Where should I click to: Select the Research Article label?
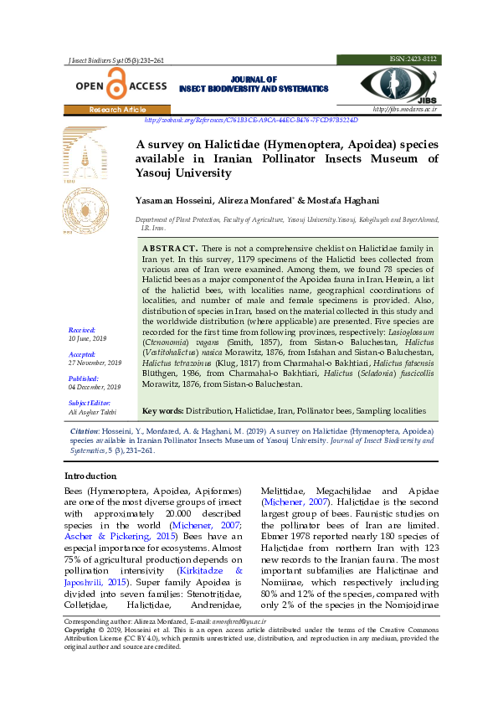pyautogui.click(x=117, y=110)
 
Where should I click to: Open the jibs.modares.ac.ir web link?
pyautogui.click(x=405, y=110)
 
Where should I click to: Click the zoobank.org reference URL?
pyautogui.click(x=257, y=120)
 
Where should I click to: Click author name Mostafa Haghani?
pyautogui.click(x=331, y=201)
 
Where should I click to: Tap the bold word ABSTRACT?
pyautogui.click(x=170, y=249)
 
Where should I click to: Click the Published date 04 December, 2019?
pyautogui.click(x=95, y=387)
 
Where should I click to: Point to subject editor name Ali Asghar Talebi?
pyautogui.click(x=92, y=411)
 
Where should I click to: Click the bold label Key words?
pyautogui.click(x=162, y=411)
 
